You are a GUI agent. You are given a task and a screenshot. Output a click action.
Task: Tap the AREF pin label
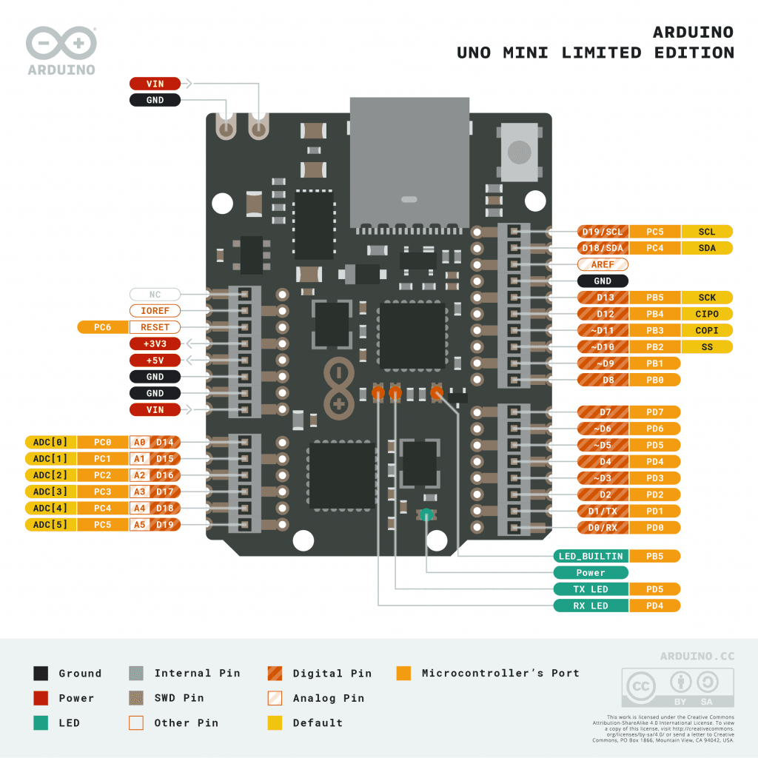point(603,264)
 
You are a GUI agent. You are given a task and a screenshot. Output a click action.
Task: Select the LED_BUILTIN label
point(591,556)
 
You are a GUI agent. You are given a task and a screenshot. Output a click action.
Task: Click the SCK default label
point(707,298)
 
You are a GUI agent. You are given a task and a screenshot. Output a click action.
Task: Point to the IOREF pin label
point(155,311)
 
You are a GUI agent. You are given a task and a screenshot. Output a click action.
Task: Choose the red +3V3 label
point(155,343)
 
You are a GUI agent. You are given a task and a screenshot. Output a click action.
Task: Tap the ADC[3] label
point(50,492)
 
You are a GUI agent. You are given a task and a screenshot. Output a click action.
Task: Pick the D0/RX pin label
point(603,528)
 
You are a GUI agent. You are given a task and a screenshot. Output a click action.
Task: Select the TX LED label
point(591,589)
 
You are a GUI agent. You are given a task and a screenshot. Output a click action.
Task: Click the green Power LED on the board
point(426,514)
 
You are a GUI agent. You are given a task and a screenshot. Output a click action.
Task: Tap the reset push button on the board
point(520,152)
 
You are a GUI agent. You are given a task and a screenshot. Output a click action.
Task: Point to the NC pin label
point(155,295)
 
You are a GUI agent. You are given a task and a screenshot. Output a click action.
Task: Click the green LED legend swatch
point(41,722)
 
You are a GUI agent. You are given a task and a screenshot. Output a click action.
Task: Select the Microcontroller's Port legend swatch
point(403,673)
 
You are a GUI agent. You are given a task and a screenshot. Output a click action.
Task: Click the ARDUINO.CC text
point(697,656)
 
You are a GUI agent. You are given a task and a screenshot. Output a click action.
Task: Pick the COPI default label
point(707,330)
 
